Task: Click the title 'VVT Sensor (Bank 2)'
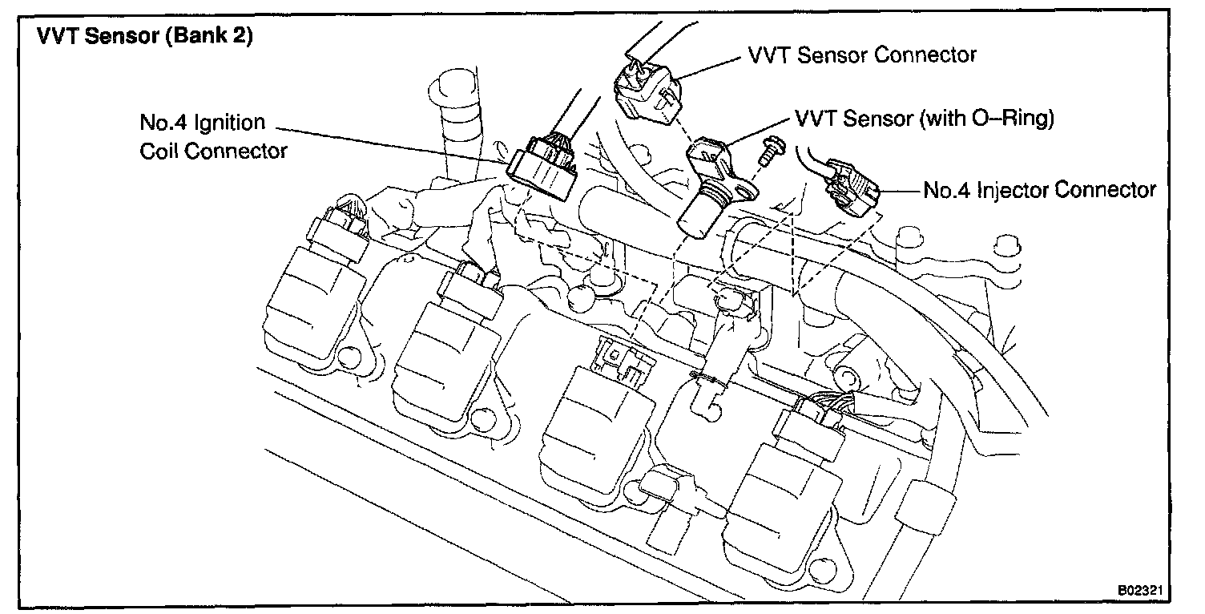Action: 145,39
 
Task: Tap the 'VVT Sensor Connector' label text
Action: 862,55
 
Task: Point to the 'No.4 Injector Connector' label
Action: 1039,190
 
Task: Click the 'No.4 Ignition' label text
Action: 202,123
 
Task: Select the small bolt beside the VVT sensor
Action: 772,151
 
